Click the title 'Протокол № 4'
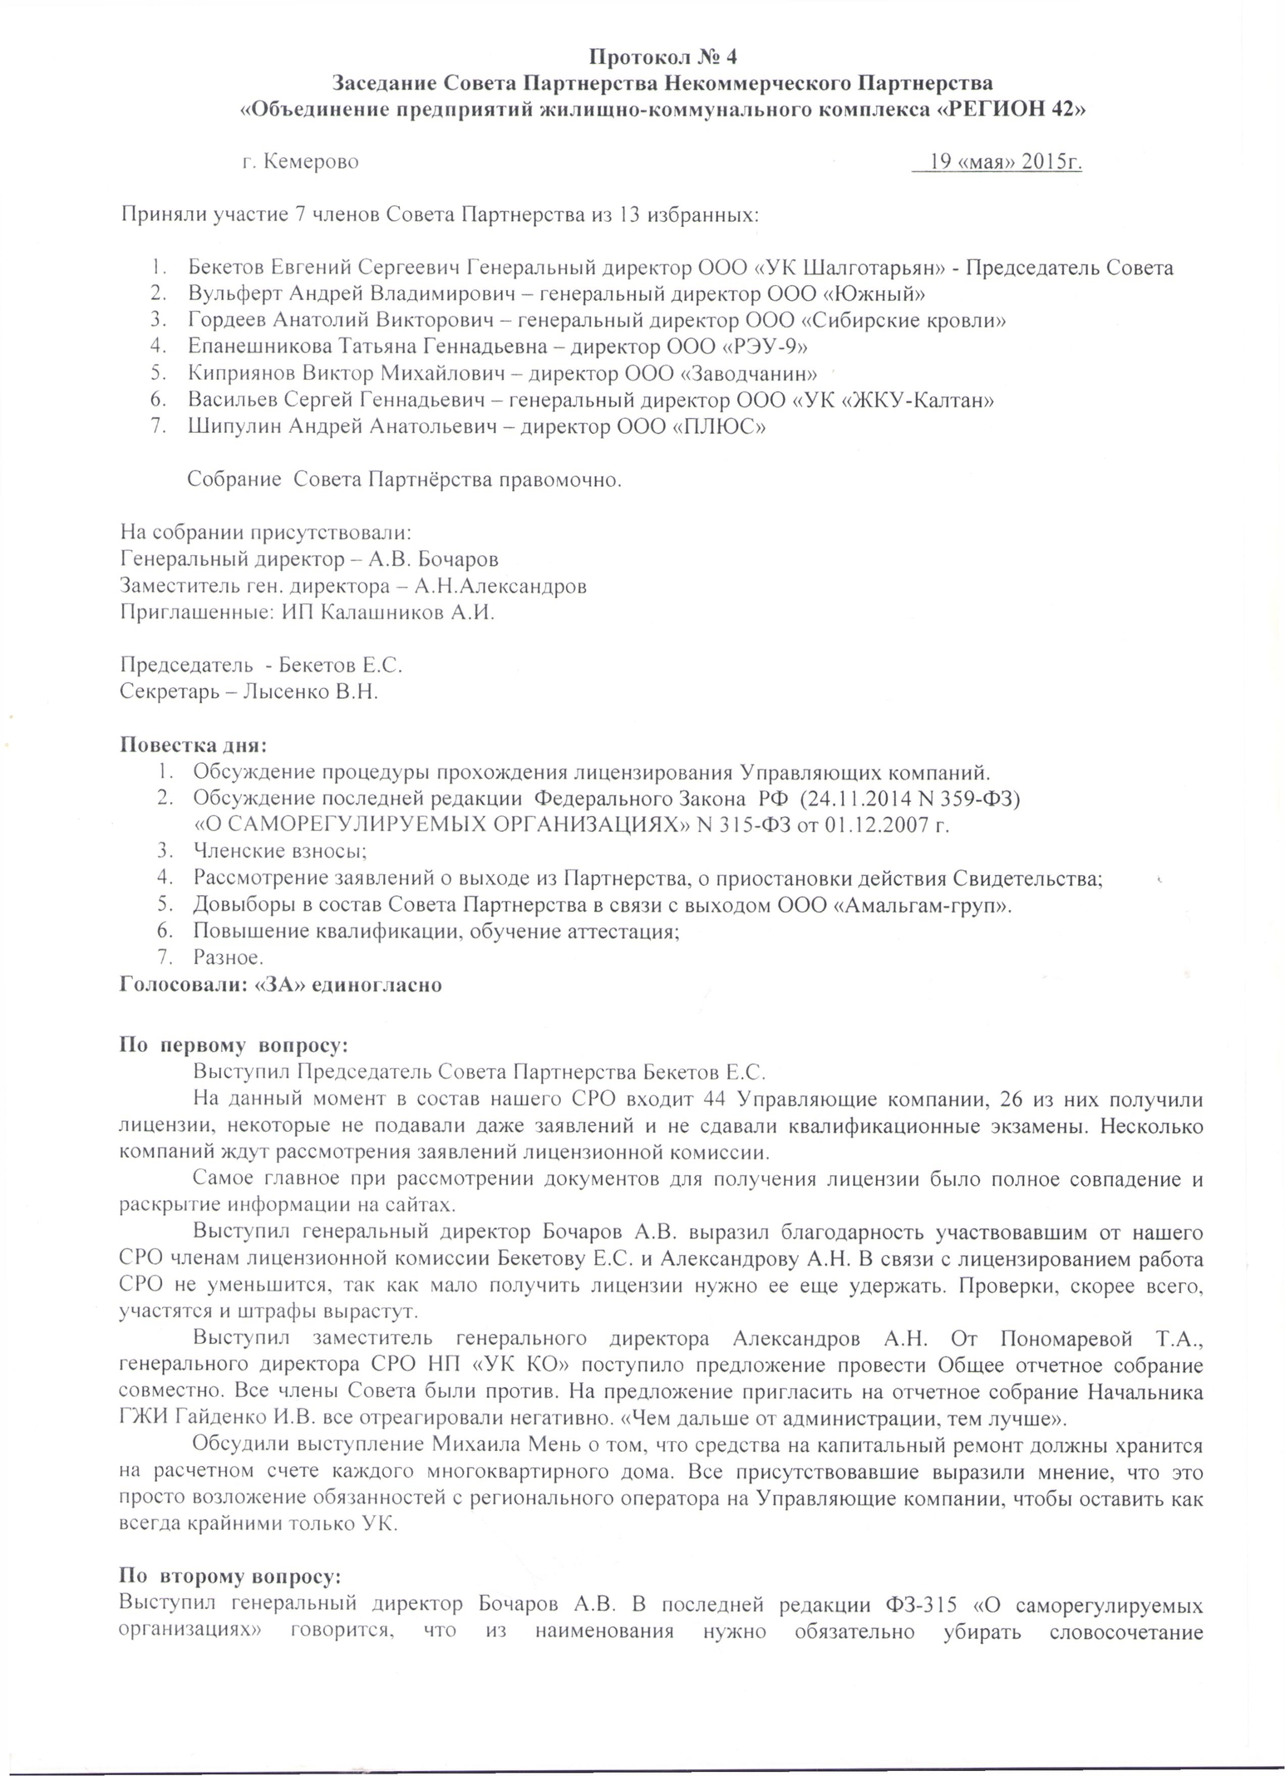[x=662, y=57]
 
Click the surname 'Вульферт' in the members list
[x=234, y=294]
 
